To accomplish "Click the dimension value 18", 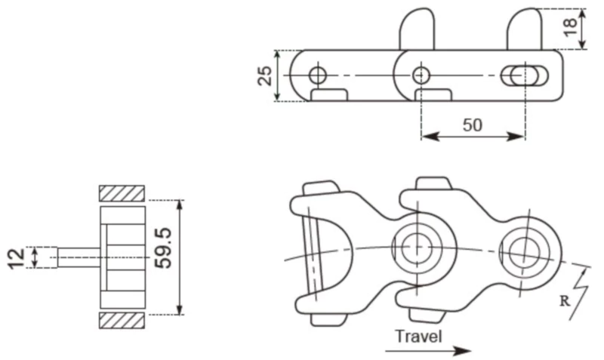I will click(571, 27).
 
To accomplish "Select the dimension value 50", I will click(472, 125).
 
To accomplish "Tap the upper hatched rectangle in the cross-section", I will click(122, 192).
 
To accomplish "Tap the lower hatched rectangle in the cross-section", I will click(122, 320).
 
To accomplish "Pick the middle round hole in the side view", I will click(421, 75).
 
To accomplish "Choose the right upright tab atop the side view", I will click(524, 30).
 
